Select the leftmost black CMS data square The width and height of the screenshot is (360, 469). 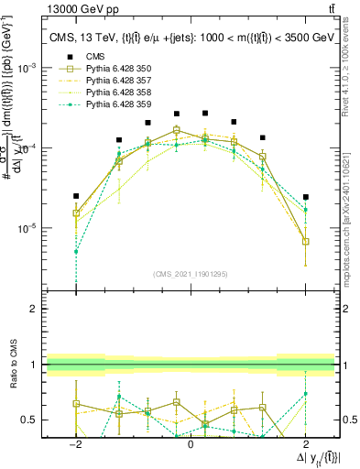[x=76, y=196]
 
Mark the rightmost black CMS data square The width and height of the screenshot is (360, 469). [x=305, y=197]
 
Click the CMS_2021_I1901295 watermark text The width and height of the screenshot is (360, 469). [x=190, y=273]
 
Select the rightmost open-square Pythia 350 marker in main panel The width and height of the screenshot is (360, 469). [x=305, y=242]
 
